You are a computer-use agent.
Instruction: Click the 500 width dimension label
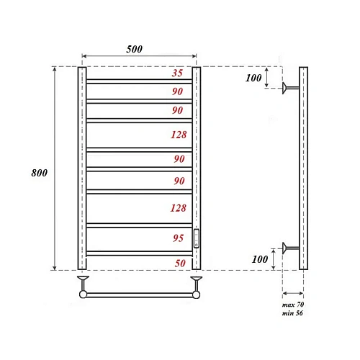tap(135, 49)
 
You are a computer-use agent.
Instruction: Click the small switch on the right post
tap(197, 236)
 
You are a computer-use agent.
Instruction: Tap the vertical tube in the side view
tap(303, 168)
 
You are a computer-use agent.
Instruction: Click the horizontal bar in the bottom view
tap(138, 294)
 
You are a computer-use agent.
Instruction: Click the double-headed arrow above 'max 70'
tap(292, 293)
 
